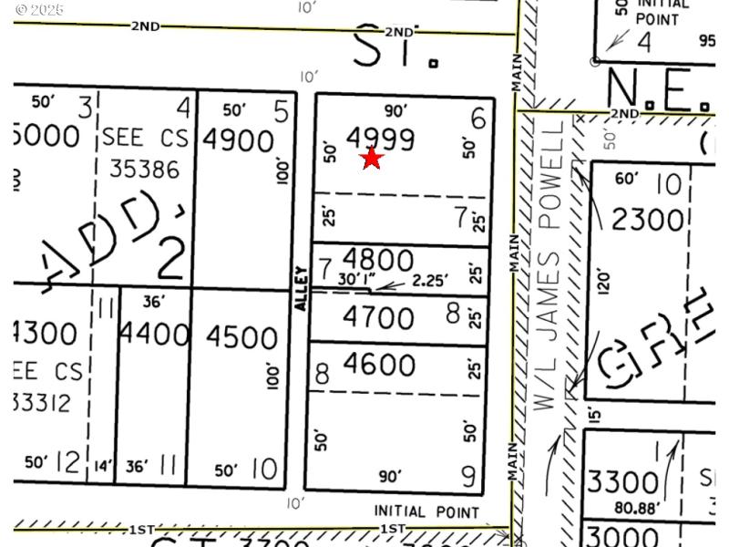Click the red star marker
pyautogui.click(x=372, y=159)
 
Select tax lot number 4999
pyautogui.click(x=380, y=139)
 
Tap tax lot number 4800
pyautogui.click(x=378, y=259)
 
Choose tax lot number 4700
pyautogui.click(x=378, y=318)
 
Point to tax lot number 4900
pyautogui.click(x=239, y=141)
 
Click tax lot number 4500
pyautogui.click(x=242, y=337)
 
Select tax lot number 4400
pyautogui.click(x=155, y=335)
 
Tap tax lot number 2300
pyautogui.click(x=647, y=220)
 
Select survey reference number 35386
pyautogui.click(x=144, y=169)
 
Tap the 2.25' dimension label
pyautogui.click(x=429, y=281)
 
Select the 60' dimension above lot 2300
pyautogui.click(x=627, y=179)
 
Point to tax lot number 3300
pyautogui.click(x=622, y=481)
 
